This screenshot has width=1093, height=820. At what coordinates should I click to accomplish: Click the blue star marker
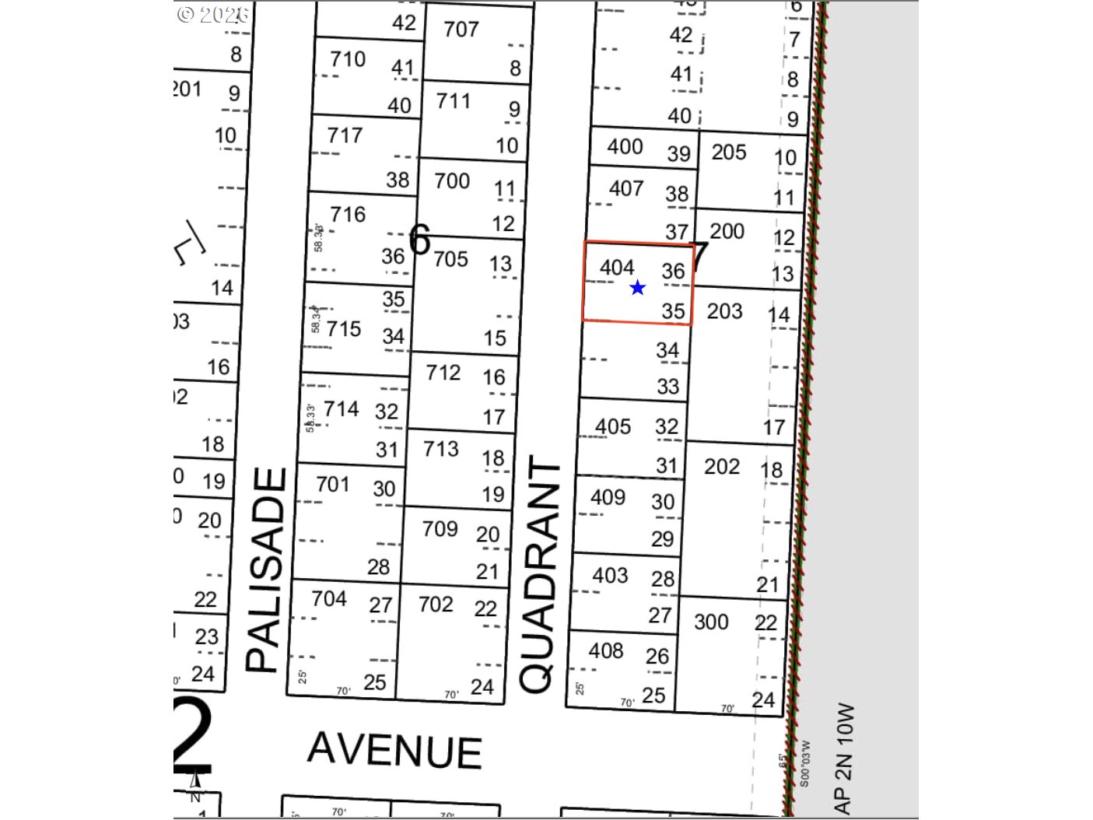pyautogui.click(x=638, y=288)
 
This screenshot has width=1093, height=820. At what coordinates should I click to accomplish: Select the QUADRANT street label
pyautogui.click(x=539, y=576)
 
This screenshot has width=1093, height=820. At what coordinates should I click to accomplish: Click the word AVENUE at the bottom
pyautogui.click(x=394, y=751)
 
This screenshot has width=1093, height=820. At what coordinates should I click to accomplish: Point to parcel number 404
pyautogui.click(x=617, y=268)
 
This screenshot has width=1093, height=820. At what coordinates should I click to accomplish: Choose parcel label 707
pyautogui.click(x=461, y=30)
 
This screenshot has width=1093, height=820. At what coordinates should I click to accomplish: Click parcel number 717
pyautogui.click(x=345, y=135)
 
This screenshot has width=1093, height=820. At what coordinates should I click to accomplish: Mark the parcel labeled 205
pyautogui.click(x=729, y=152)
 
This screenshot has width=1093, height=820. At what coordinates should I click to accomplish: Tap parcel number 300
pyautogui.click(x=711, y=622)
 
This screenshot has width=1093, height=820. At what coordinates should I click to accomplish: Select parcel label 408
pyautogui.click(x=606, y=650)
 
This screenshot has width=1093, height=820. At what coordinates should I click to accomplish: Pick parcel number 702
pyautogui.click(x=436, y=604)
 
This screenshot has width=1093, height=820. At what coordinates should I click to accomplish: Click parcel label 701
pyautogui.click(x=333, y=485)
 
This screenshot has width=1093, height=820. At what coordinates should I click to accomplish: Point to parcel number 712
pyautogui.click(x=443, y=373)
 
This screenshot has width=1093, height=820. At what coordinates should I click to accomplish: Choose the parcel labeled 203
pyautogui.click(x=725, y=311)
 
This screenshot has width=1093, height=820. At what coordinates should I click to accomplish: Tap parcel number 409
pyautogui.click(x=608, y=496)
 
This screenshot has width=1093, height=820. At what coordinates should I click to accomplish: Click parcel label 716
pyautogui.click(x=347, y=214)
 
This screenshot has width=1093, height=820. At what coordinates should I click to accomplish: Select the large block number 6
pyautogui.click(x=419, y=239)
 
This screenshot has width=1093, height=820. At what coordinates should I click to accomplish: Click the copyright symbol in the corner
pyautogui.click(x=185, y=14)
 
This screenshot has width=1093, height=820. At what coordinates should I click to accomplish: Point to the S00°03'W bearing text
pyautogui.click(x=804, y=763)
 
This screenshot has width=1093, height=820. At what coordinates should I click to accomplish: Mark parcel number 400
pyautogui.click(x=625, y=146)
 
